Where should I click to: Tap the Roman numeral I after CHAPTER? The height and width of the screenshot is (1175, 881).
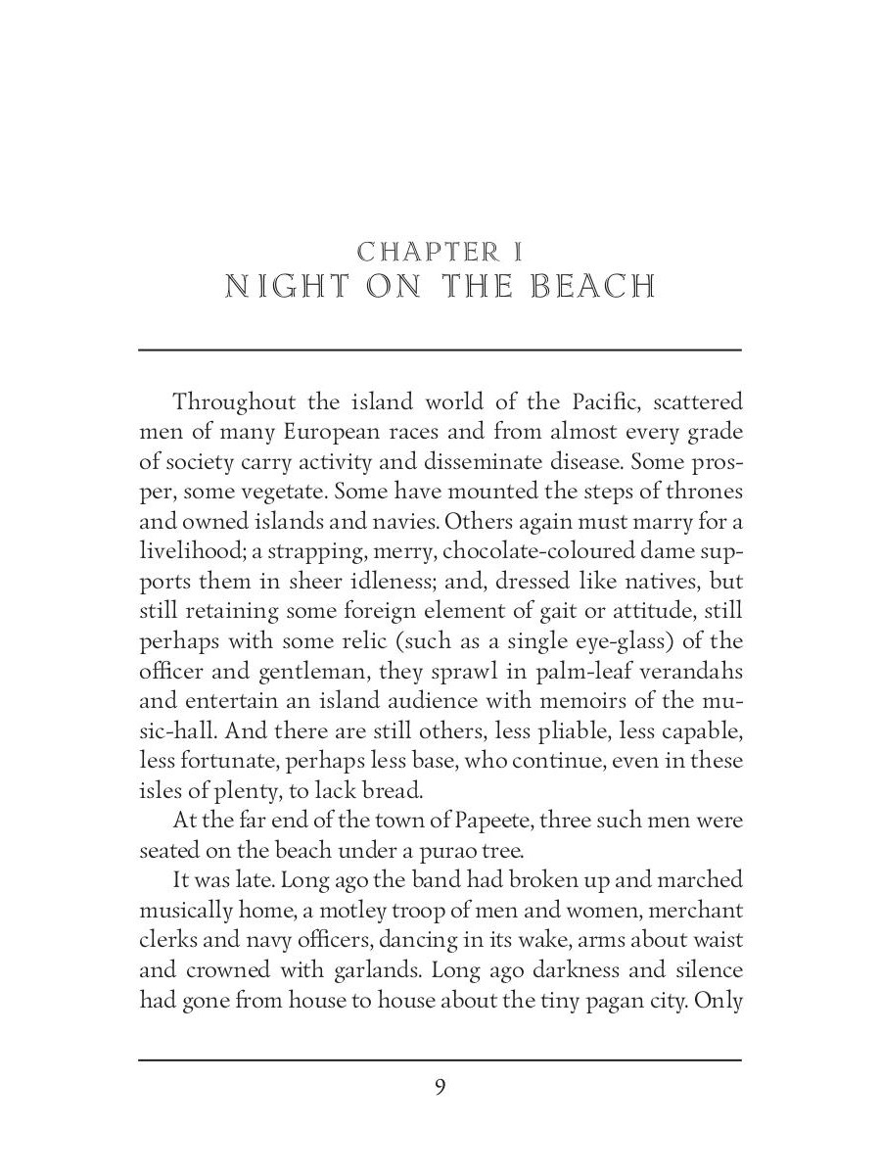point(517,252)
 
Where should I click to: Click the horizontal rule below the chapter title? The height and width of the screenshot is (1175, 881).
point(440,350)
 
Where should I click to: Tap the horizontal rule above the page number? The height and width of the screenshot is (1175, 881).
point(440,1059)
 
